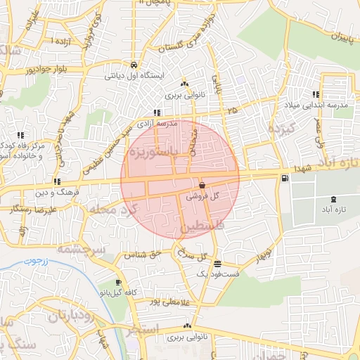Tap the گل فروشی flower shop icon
point(202,186)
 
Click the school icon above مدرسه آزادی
point(155,112)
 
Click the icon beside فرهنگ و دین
point(57,181)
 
